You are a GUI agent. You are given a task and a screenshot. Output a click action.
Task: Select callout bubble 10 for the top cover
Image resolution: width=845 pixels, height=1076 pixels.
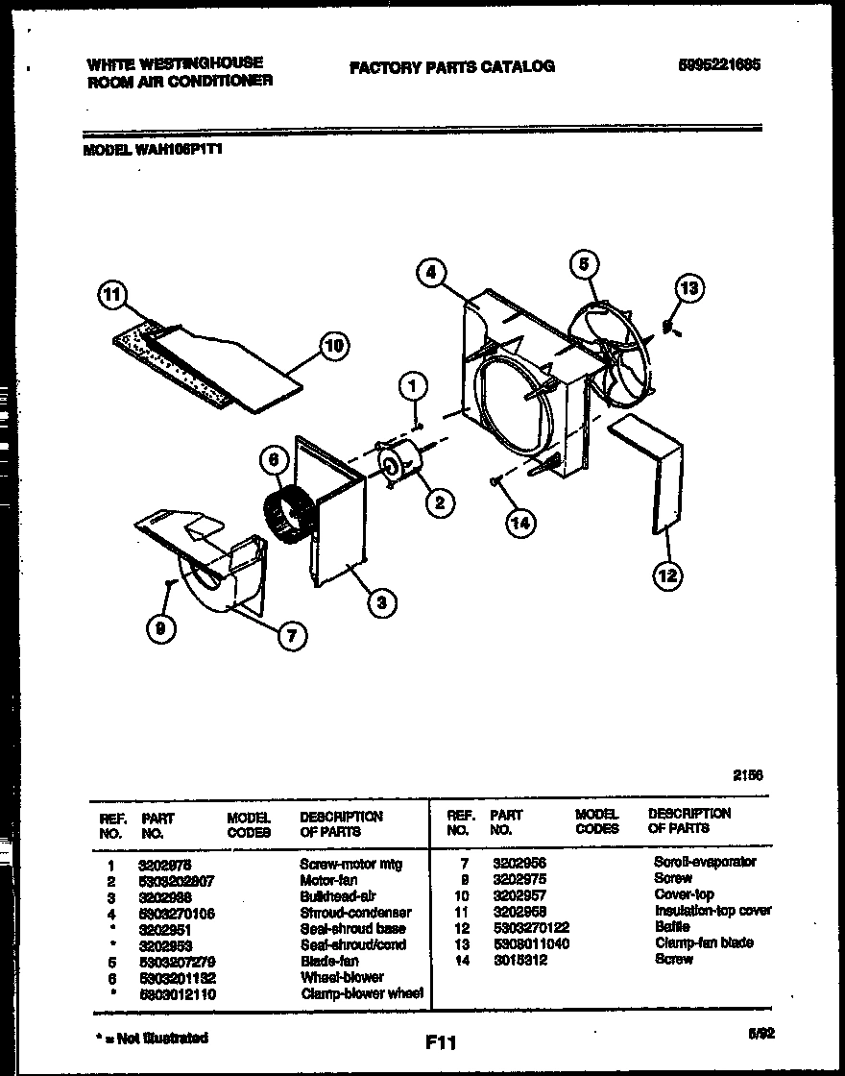coord(334,346)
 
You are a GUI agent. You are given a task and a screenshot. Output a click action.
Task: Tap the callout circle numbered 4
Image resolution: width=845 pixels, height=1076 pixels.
coord(432,273)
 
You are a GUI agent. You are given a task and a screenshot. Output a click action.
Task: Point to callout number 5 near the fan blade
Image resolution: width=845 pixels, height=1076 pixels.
coord(584,263)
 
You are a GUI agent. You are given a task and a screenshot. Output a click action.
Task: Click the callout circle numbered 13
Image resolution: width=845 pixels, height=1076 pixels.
coord(689,287)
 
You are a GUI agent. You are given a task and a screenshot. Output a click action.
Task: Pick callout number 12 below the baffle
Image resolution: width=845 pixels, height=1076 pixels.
coord(667,575)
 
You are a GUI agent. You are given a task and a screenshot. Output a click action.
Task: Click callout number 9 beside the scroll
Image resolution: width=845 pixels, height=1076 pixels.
coord(160,628)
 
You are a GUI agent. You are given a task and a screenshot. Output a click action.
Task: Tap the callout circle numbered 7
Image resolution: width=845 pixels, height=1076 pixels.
coord(292,635)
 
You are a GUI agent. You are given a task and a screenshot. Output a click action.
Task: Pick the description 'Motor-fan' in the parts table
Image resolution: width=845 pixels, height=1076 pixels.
coord(328,880)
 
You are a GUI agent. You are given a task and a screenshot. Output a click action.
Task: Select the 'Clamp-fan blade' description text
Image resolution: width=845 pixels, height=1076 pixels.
coord(703,943)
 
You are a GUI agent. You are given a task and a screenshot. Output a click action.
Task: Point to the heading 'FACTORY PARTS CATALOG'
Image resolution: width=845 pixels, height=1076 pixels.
coord(451,66)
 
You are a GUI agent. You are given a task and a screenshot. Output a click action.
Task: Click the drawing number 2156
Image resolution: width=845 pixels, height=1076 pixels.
coord(748,774)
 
